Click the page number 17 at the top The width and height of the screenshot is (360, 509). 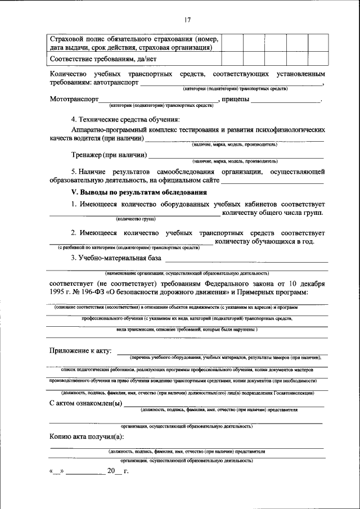click(x=187, y=20)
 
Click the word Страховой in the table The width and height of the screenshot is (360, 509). click(x=67, y=39)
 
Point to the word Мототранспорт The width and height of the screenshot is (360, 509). click(x=74, y=100)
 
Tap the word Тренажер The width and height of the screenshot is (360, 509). click(x=87, y=155)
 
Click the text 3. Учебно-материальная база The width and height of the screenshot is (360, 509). click(x=116, y=258)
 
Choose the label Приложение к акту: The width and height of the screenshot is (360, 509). click(x=80, y=351)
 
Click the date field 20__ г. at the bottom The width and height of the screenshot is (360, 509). click(x=118, y=471)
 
